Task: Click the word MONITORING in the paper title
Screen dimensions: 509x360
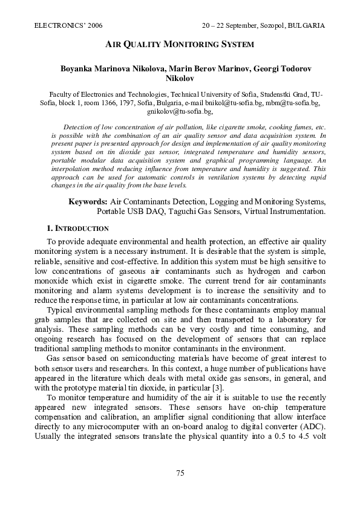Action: point(179,45)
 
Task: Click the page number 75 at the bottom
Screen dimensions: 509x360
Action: point(180,473)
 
